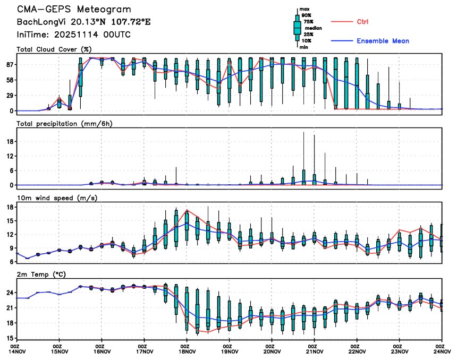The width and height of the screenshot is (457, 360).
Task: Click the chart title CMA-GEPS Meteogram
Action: click(x=73, y=10)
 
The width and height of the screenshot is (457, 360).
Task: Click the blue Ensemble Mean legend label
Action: click(x=383, y=41)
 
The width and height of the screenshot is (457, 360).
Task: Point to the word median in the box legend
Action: click(x=314, y=28)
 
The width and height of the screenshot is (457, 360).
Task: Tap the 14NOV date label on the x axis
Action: click(x=17, y=351)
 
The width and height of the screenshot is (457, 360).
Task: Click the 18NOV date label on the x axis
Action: click(x=187, y=351)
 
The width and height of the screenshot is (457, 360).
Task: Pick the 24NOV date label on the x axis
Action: click(x=442, y=351)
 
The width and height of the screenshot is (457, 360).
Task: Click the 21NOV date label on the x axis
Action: click(x=315, y=351)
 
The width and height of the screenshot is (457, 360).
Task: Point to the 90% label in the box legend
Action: click(x=307, y=16)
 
